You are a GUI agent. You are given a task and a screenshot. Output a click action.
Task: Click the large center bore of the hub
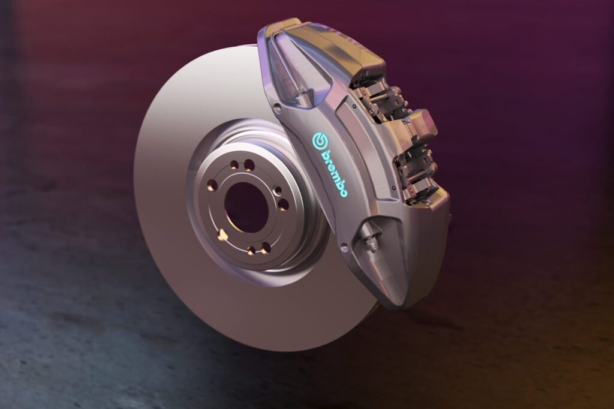[246, 207]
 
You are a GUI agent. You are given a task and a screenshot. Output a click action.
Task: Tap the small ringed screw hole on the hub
[277, 191]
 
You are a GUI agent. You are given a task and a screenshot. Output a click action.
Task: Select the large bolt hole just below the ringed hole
[283, 204]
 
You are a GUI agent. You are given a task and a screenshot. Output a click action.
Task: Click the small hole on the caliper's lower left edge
[344, 246]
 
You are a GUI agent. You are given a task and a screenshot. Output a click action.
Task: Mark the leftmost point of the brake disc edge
[134, 180]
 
